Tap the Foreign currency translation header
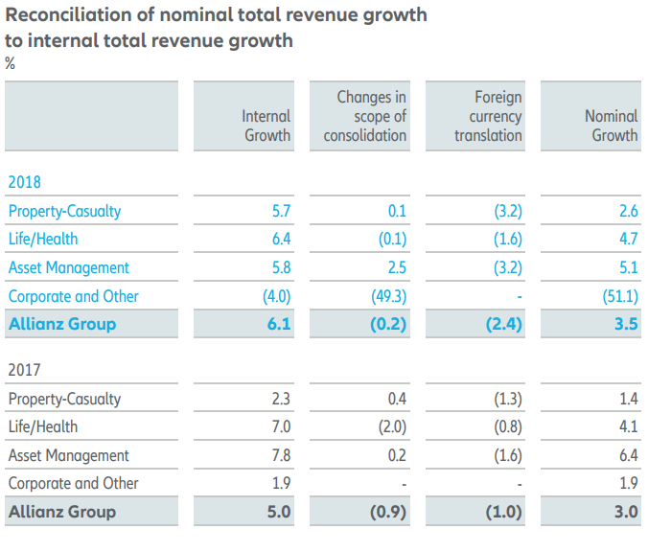(488, 116)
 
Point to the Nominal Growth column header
(611, 126)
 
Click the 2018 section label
(25, 181)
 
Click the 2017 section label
(25, 369)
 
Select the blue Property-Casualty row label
(64, 211)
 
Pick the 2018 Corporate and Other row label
(73, 296)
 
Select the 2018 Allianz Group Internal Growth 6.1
(279, 324)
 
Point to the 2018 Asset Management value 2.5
(395, 267)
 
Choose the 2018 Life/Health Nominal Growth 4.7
(627, 240)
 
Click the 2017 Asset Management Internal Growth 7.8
(280, 455)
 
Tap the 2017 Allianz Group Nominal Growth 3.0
(626, 512)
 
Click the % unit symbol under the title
(11, 64)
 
